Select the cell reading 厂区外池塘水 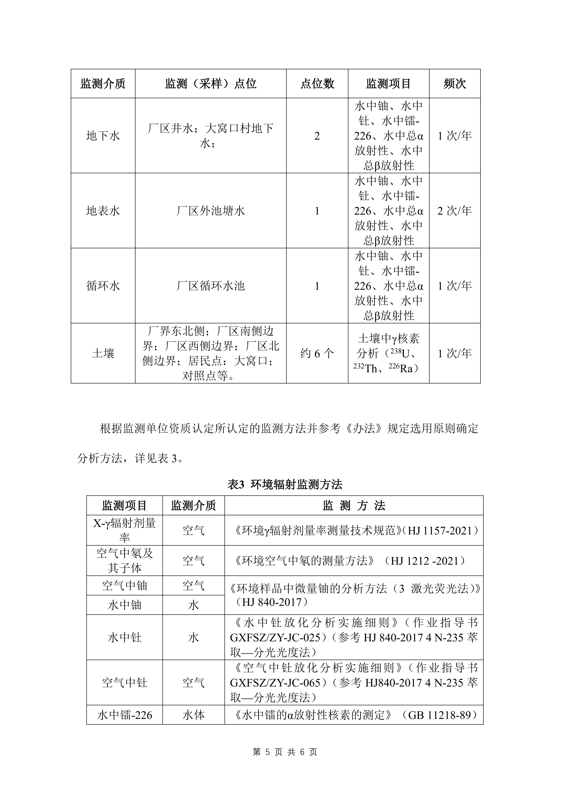click(x=211, y=211)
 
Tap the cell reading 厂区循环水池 click(x=211, y=286)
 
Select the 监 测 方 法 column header click(x=354, y=506)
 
